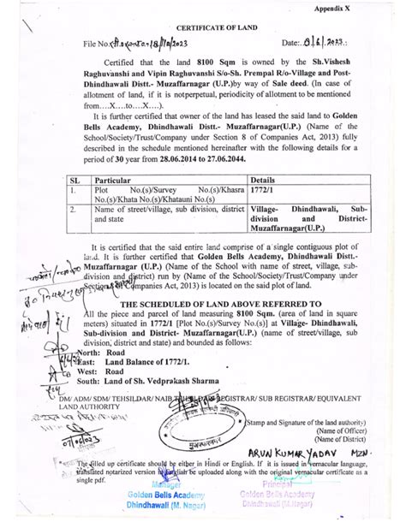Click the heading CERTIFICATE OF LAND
tap(202, 27)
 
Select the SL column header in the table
tap(75, 182)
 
